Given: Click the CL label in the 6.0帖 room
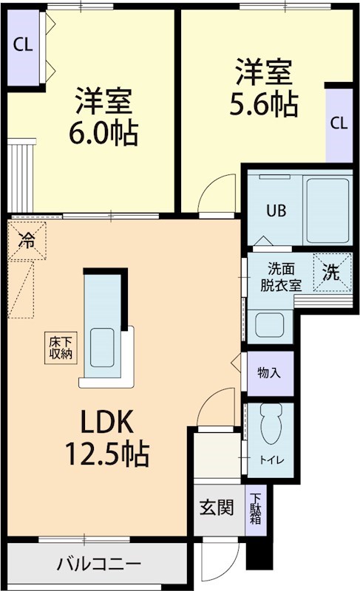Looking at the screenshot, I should [x=23, y=44].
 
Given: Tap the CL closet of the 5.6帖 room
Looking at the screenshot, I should [x=339, y=123].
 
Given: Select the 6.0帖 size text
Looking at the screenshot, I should [x=103, y=133].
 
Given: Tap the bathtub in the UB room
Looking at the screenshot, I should [x=327, y=209].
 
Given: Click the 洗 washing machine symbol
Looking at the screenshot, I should [x=331, y=272].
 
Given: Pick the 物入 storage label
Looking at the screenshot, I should [x=269, y=372].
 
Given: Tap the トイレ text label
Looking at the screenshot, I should [x=269, y=460].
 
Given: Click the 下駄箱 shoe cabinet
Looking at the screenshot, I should [x=255, y=509].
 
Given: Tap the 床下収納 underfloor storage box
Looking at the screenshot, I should [x=61, y=347].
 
